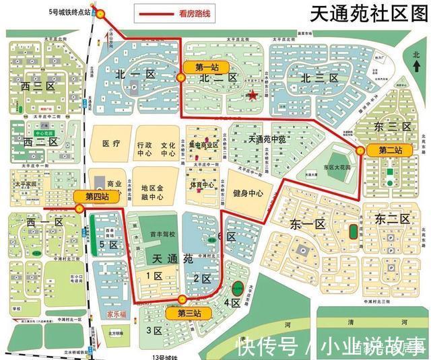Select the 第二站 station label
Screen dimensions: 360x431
(390, 149)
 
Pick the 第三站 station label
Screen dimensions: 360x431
(189, 313)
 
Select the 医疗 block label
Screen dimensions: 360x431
(111, 144)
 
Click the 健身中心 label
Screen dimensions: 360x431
(248, 194)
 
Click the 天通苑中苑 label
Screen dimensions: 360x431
(267, 139)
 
